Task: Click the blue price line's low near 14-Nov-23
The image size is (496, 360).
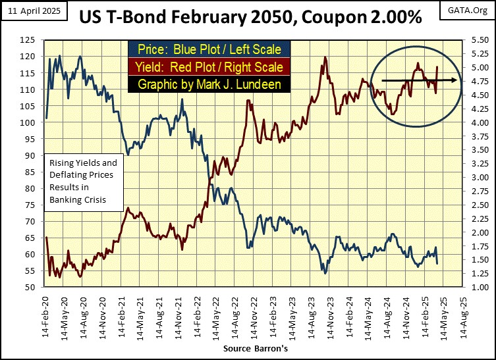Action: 325,271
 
